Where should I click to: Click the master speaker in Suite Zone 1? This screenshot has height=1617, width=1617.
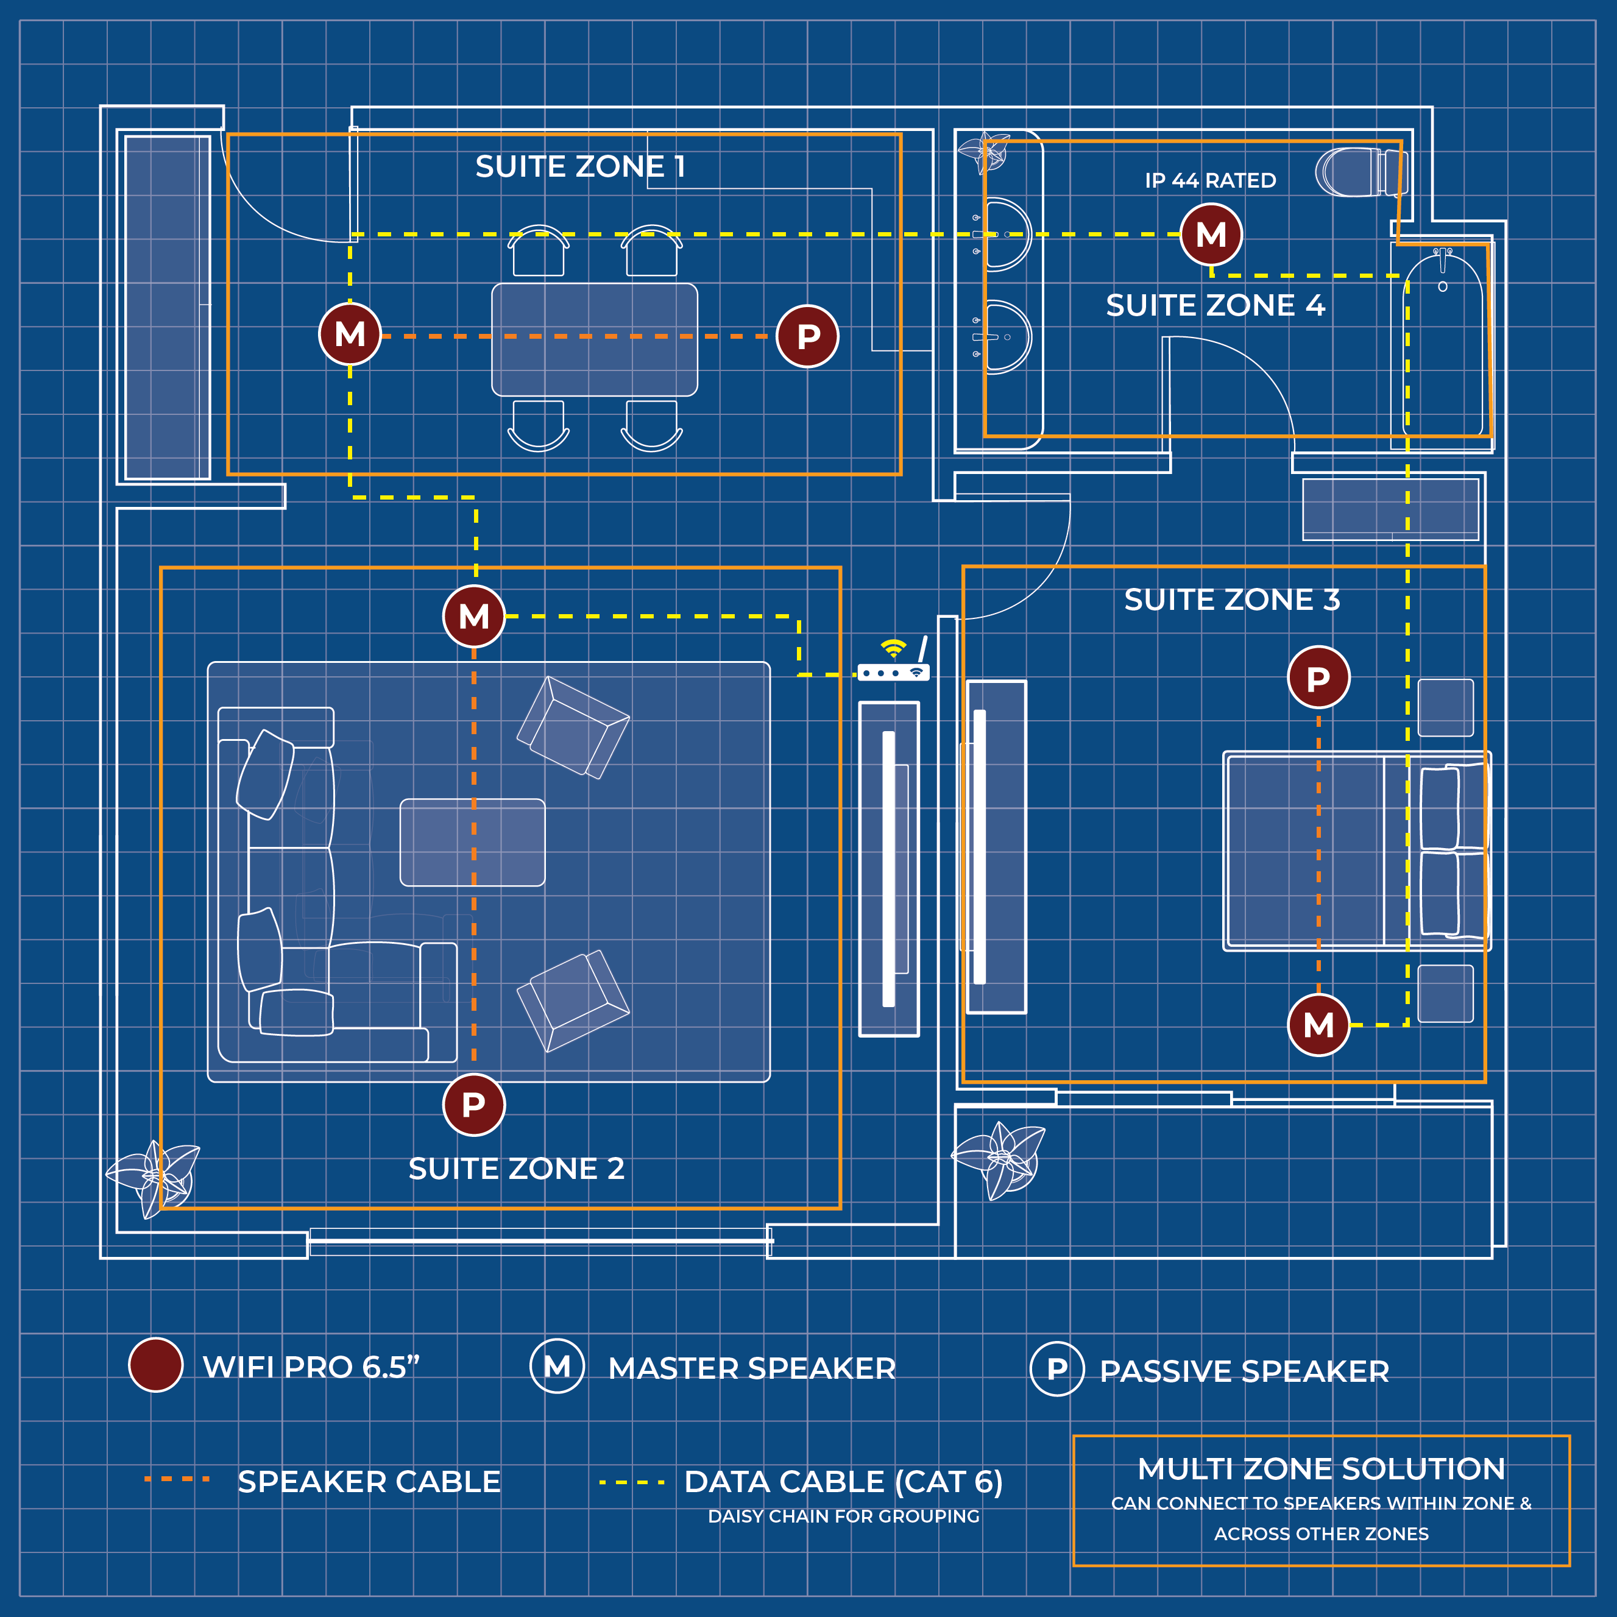[350, 334]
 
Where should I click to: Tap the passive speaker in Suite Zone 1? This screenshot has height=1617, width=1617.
[808, 336]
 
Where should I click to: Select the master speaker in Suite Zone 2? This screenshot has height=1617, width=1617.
[474, 617]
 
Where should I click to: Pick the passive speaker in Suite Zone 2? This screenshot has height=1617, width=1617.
[474, 1105]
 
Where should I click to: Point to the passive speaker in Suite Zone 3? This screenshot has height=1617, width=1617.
[1318, 678]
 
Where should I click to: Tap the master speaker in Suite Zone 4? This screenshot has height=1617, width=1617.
[1211, 235]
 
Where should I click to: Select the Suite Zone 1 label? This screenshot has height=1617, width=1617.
[580, 166]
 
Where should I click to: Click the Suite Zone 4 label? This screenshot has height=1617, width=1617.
[1215, 305]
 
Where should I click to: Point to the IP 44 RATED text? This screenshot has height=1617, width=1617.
[1210, 181]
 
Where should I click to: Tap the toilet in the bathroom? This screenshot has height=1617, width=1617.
[1360, 172]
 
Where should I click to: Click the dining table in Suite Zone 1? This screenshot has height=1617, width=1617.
[594, 339]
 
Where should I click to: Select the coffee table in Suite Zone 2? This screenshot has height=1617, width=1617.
[472, 842]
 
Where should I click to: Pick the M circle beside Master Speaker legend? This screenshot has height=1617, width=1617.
[557, 1367]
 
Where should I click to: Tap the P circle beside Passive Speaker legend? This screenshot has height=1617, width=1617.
[1057, 1369]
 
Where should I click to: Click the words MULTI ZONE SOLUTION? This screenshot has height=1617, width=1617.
[1321, 1469]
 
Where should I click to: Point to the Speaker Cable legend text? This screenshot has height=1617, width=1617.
[369, 1481]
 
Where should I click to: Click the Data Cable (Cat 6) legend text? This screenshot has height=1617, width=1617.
[843, 1481]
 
